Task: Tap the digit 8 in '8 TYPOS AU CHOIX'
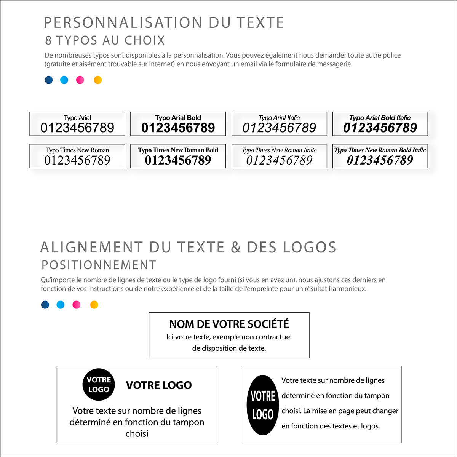pos(48,40)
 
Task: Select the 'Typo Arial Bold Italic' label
pos(380,118)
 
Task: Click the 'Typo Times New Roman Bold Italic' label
pos(380,150)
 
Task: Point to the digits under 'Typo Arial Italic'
pos(279,128)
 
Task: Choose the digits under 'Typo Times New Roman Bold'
pos(178,160)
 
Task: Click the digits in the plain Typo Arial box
pos(77,128)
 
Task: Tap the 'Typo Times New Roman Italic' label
pos(279,150)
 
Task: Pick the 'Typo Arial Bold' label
pos(178,118)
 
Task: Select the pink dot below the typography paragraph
pos(80,80)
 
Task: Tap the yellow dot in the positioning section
pos(94,305)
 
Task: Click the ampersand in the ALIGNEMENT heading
pos(236,248)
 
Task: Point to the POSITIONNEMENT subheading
pos(99,265)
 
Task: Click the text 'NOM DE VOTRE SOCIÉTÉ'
pos(229,324)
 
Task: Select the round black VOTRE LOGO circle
pos(99,385)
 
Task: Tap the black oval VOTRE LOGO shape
pos(263,405)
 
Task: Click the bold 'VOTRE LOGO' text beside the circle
pos(159,385)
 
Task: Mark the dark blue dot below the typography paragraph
pos(49,80)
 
